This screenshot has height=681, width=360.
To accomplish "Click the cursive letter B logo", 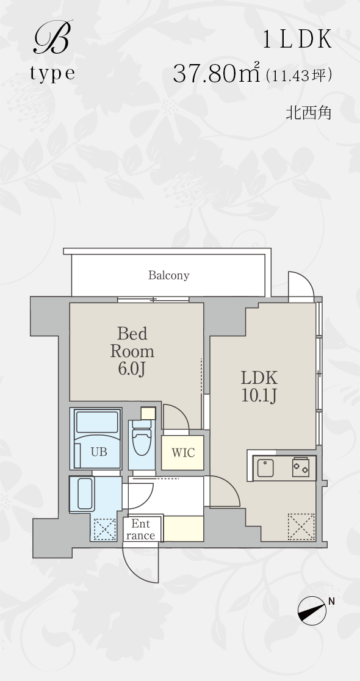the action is pyautogui.click(x=51, y=38).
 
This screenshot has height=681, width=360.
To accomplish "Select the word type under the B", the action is pyautogui.click(x=52, y=73).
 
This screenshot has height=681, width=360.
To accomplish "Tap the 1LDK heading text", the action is pyautogui.click(x=297, y=40).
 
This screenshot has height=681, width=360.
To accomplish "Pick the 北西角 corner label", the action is pyautogui.click(x=308, y=113).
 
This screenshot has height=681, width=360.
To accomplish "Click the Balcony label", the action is pyautogui.click(x=169, y=275).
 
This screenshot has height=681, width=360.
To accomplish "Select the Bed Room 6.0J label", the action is pyautogui.click(x=132, y=351).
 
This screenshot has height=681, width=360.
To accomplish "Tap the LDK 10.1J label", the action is pyautogui.click(x=259, y=386).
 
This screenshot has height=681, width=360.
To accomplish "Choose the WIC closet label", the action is pyautogui.click(x=183, y=453).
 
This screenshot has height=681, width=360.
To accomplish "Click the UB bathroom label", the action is pyautogui.click(x=99, y=452).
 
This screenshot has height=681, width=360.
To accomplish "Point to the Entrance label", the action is pyautogui.click(x=140, y=530).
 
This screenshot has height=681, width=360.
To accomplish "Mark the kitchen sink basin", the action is pyautogui.click(x=265, y=468).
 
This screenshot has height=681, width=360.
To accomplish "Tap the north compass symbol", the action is pyautogui.click(x=312, y=610).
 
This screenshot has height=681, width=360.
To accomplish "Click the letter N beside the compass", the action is pyautogui.click(x=331, y=602).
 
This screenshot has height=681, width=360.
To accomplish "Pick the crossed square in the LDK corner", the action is pyautogui.click(x=301, y=527).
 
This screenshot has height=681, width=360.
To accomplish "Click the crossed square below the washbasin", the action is pyautogui.click(x=105, y=530).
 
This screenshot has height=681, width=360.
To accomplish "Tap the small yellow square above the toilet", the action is pyautogui.click(x=148, y=413).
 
